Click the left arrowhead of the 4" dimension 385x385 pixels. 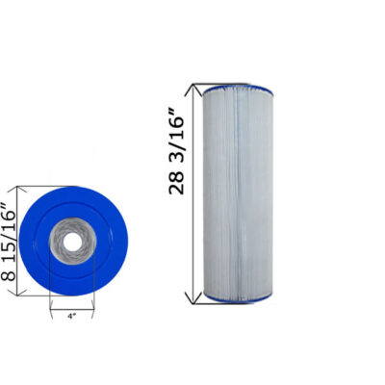[x=52, y=313]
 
